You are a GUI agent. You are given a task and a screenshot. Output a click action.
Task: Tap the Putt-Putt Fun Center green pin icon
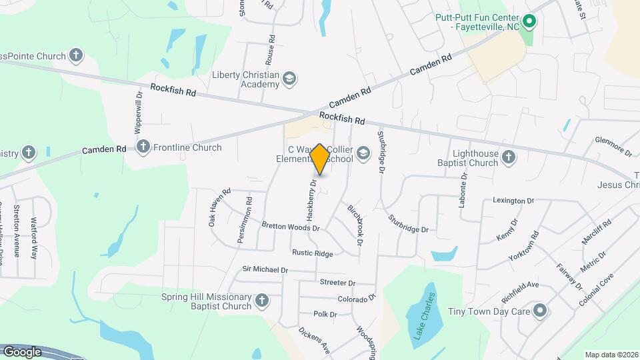(x=529, y=21)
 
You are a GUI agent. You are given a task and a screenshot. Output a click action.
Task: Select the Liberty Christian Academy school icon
(x=289, y=79)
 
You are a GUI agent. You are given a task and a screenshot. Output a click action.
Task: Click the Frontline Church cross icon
(x=143, y=147)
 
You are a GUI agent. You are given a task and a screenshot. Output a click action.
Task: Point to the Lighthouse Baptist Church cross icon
(x=509, y=157)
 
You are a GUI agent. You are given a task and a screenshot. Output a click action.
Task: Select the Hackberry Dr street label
(x=311, y=199)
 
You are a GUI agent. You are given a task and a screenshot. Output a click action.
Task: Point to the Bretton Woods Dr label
(x=291, y=227)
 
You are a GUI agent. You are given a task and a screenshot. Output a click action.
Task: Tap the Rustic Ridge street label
(x=312, y=253)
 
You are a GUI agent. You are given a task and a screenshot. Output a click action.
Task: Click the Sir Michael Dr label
(x=265, y=270)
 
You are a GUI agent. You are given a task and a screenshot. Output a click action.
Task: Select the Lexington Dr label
(x=513, y=200)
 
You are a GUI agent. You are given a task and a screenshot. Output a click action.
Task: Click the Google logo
(x=22, y=351)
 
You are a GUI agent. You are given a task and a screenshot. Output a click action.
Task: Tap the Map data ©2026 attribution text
(x=611, y=355)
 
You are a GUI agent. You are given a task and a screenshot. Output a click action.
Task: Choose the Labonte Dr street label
(x=462, y=190)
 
